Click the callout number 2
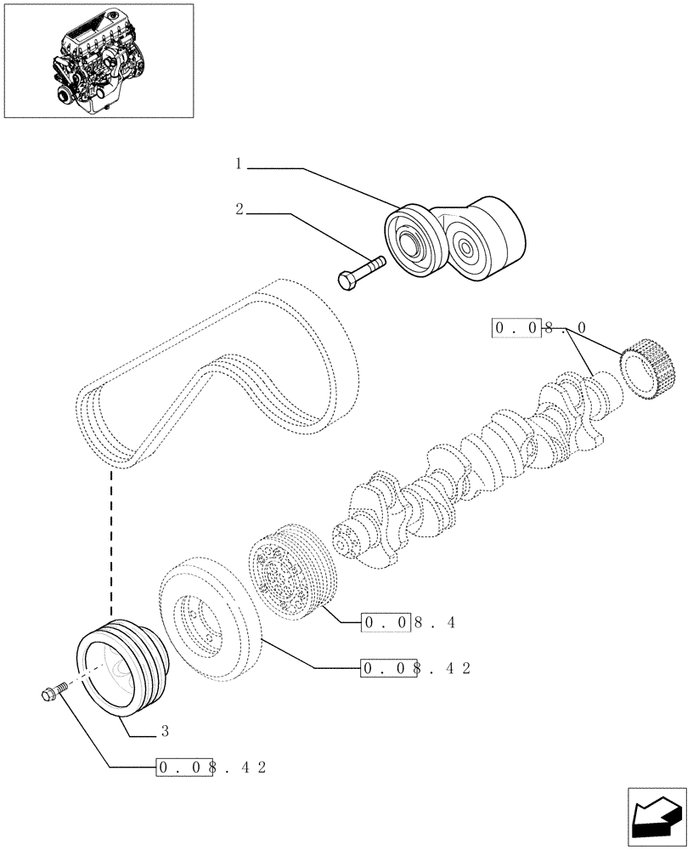coord(240,209)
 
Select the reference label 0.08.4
coord(408,623)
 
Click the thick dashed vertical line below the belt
coord(111,544)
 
